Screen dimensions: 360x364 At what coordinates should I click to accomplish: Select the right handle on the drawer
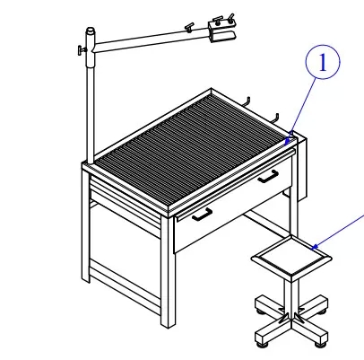click(x=267, y=177)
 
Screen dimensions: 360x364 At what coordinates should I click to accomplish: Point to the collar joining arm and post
click(x=90, y=42)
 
